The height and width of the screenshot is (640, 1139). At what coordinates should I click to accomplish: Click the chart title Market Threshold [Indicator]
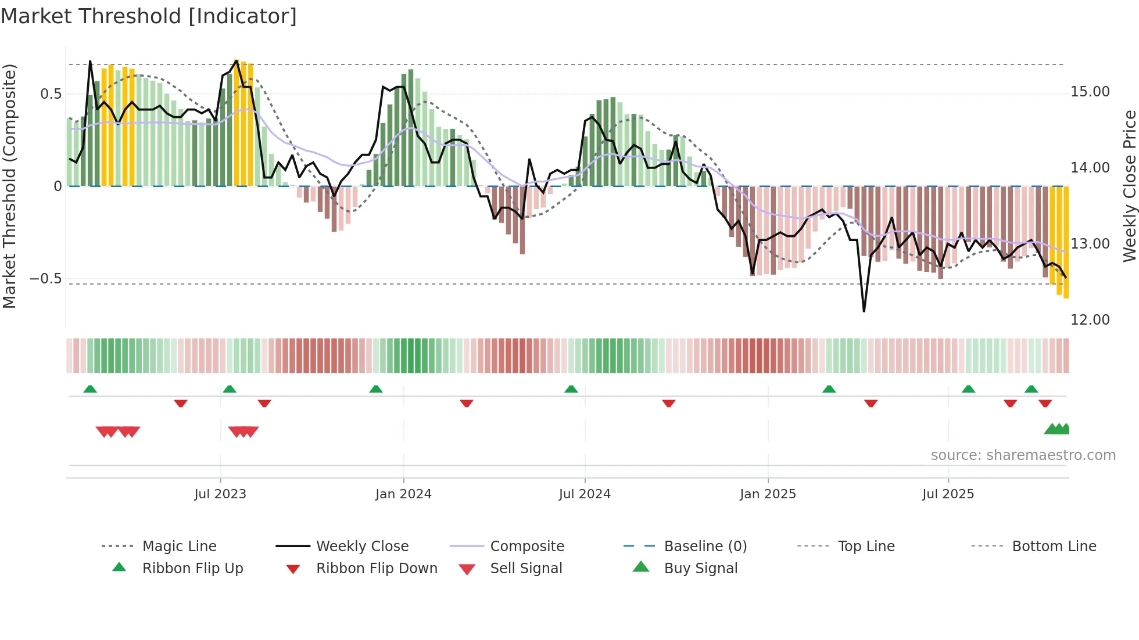pos(149,16)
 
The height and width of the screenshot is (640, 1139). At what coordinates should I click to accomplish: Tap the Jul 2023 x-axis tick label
pos(220,494)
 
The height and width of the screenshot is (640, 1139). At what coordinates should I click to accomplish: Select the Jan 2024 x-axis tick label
pos(403,494)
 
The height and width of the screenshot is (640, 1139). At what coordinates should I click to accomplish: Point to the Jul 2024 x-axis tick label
pos(585,494)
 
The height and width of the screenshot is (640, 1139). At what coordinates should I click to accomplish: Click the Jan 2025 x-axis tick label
pos(768,494)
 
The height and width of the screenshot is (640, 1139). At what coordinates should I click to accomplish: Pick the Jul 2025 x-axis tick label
pos(948,494)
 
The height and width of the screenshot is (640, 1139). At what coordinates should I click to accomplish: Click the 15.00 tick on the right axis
pos(1090,92)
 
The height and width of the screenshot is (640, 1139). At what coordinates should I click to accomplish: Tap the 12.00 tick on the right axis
pos(1090,320)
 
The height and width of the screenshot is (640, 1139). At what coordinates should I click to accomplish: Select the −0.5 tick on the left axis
pos(45,279)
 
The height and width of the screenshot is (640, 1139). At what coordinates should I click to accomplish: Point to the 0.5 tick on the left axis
pos(51,94)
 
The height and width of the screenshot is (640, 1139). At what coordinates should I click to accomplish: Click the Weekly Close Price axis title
pos(1129,186)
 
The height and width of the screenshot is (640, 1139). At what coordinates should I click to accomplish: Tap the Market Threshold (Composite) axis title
pos(9,186)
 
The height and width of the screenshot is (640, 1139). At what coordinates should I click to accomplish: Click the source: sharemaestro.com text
pos(1023,455)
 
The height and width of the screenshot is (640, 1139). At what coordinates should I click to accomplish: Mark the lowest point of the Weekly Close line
pos(864,311)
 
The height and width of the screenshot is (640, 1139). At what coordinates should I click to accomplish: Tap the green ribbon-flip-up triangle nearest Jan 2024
pos(376,389)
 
